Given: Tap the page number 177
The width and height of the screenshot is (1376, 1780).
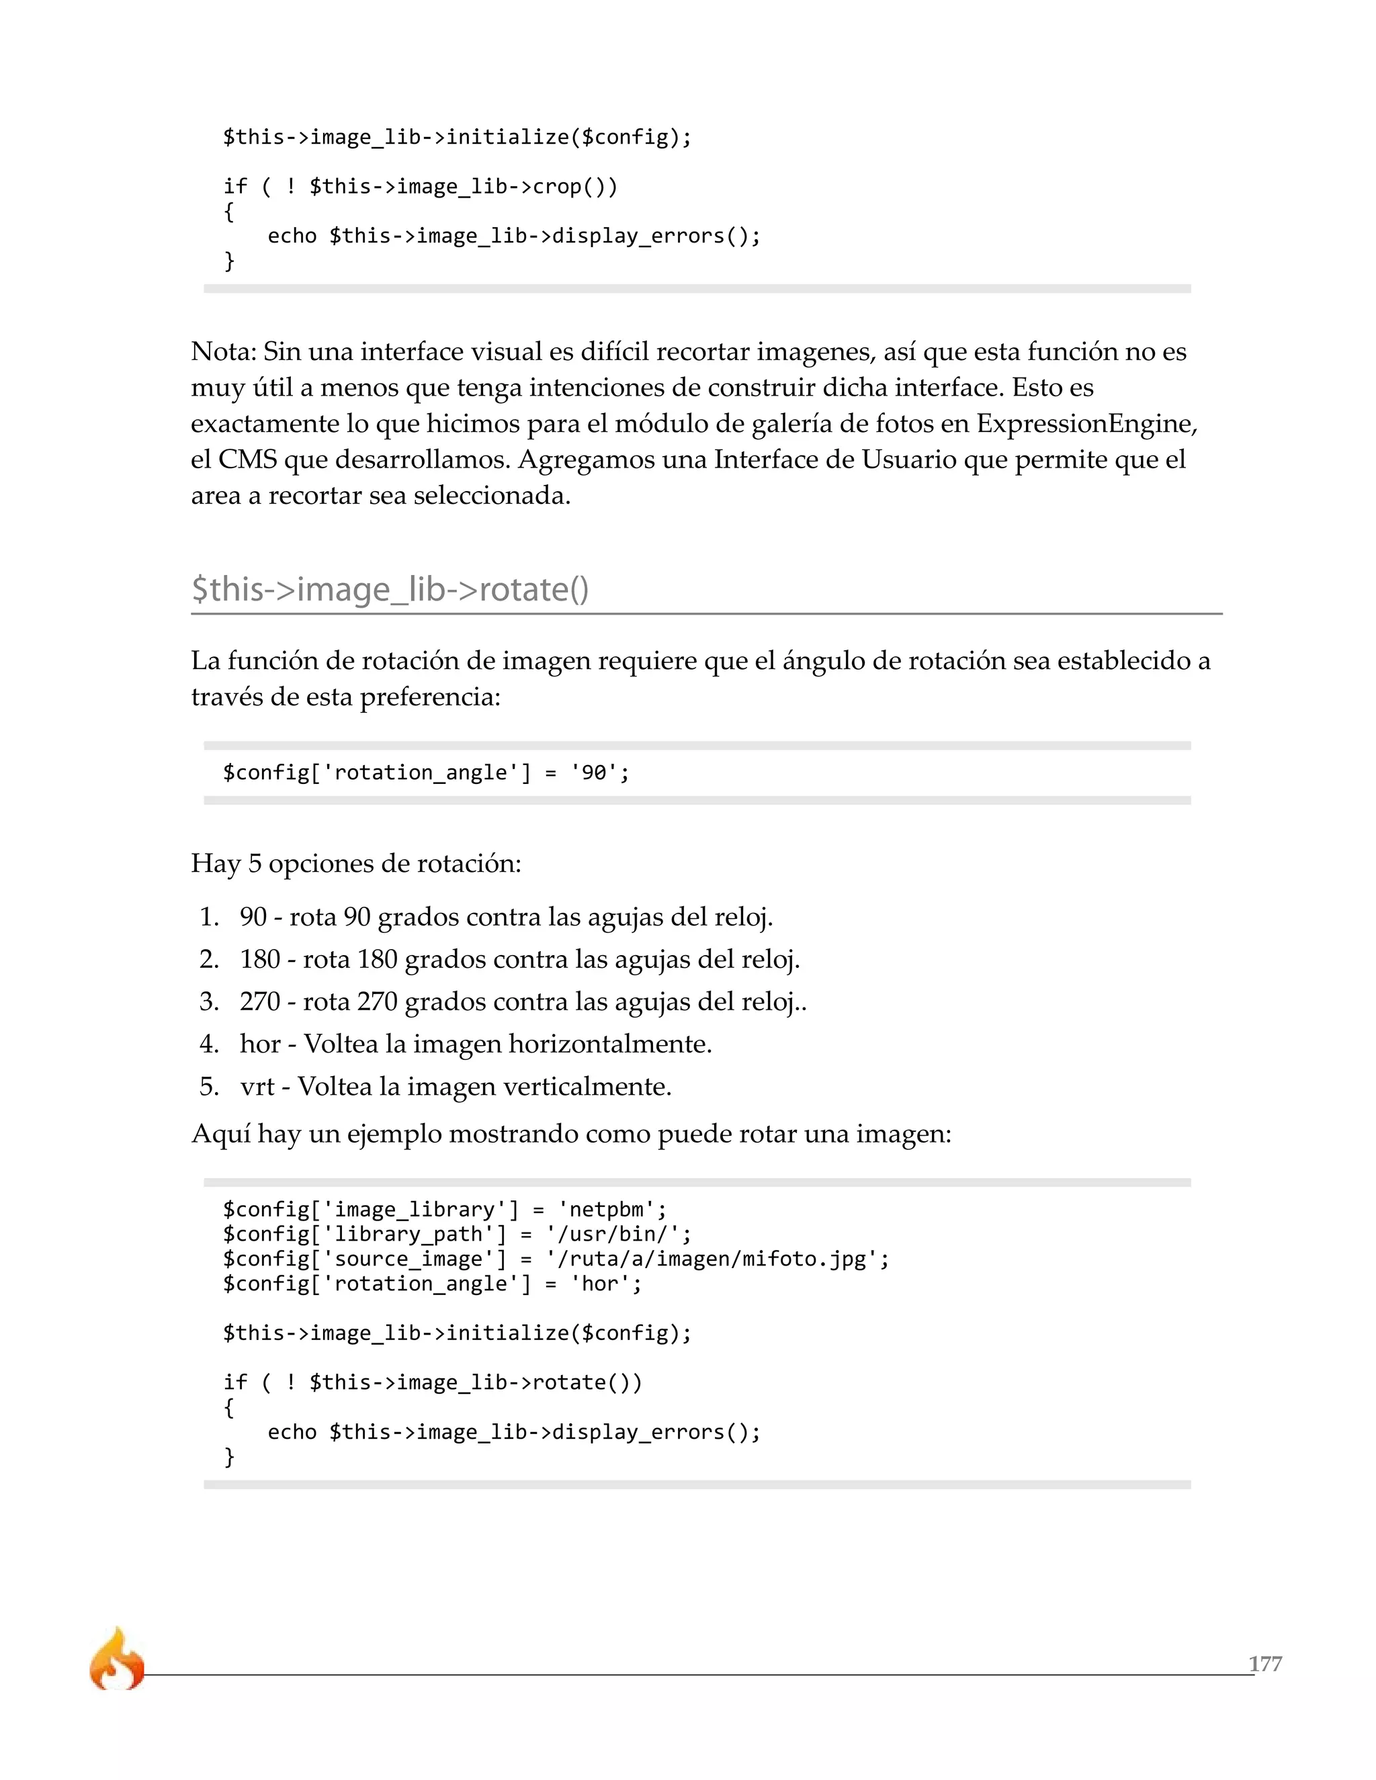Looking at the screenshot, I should click(1264, 1663).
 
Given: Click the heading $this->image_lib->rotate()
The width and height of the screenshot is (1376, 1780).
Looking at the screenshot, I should click(390, 589).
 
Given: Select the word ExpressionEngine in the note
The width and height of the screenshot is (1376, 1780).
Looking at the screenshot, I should click(1085, 423).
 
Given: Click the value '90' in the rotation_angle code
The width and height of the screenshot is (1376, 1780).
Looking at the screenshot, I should click(593, 772).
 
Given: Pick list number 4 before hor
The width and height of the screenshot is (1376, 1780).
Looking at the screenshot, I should click(209, 1043).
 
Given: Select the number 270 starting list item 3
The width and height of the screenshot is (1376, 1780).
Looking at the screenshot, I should click(260, 1001).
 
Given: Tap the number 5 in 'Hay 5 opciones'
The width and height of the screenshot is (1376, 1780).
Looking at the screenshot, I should click(255, 863).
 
